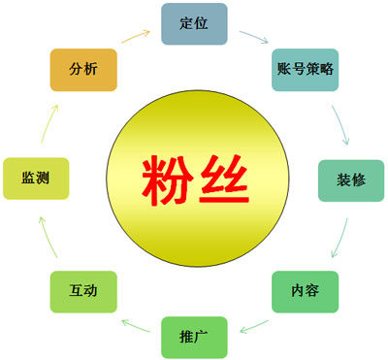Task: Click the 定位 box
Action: (194, 23)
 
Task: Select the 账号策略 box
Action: (306, 69)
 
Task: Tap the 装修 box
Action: (350, 180)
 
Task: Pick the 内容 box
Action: (304, 290)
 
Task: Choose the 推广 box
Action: (194, 337)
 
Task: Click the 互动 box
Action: (83, 291)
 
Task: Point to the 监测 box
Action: (36, 179)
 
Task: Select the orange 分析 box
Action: (83, 69)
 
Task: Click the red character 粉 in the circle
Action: (167, 179)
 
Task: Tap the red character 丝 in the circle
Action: (222, 179)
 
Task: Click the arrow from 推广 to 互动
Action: (136, 321)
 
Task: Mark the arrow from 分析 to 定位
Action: (137, 37)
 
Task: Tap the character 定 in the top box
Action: (186, 23)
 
